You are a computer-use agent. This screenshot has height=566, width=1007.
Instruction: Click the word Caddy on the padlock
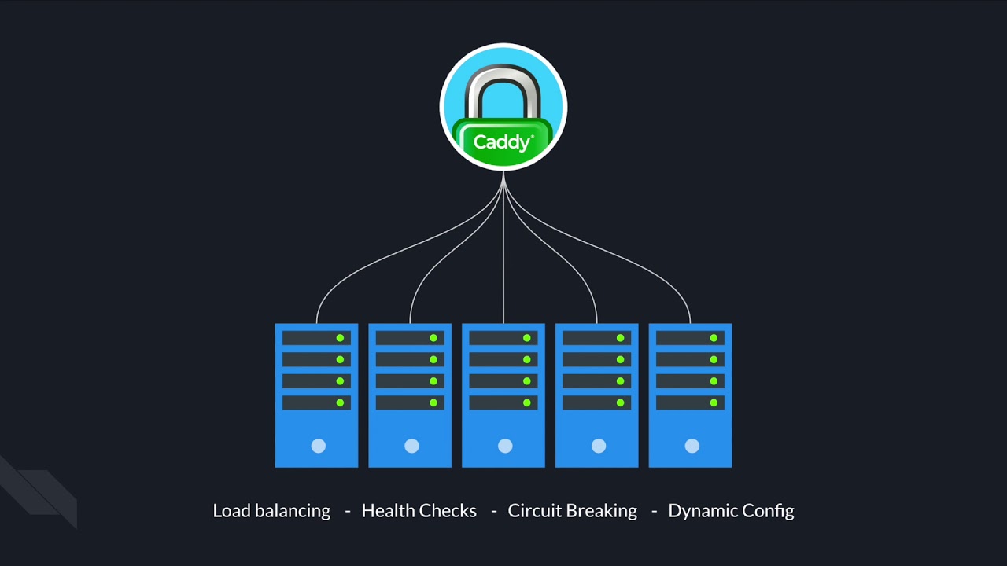tap(502, 143)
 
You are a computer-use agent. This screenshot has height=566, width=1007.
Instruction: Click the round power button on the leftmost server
tap(318, 446)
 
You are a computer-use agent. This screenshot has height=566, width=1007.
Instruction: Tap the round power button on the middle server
tap(505, 446)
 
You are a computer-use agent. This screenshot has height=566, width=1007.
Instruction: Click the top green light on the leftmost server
tap(340, 338)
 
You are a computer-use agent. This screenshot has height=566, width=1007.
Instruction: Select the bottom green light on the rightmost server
tap(714, 402)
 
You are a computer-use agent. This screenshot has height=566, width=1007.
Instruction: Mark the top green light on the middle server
tap(527, 338)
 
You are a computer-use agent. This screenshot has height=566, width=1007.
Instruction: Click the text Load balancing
tap(271, 511)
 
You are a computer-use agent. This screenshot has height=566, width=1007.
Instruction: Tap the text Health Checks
tap(419, 511)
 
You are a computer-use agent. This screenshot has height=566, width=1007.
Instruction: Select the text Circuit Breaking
tap(572, 511)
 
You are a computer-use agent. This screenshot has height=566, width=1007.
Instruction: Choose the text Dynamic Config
tap(731, 511)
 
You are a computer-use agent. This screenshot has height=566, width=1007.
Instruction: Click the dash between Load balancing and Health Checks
tap(347, 512)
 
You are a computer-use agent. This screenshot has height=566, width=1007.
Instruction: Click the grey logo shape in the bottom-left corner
tap(39, 491)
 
